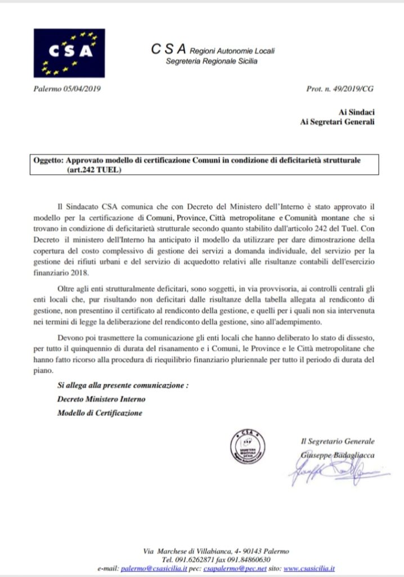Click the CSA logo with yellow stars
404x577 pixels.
pos(69,53)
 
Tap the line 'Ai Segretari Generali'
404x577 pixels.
pos(338,122)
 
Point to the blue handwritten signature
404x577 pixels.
pos(332,469)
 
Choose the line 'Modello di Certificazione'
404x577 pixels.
pos(100,413)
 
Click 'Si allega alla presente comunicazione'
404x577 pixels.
pos(123,386)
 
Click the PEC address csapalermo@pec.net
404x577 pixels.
pos(235,569)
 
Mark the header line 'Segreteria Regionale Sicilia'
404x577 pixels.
pos(211,61)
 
